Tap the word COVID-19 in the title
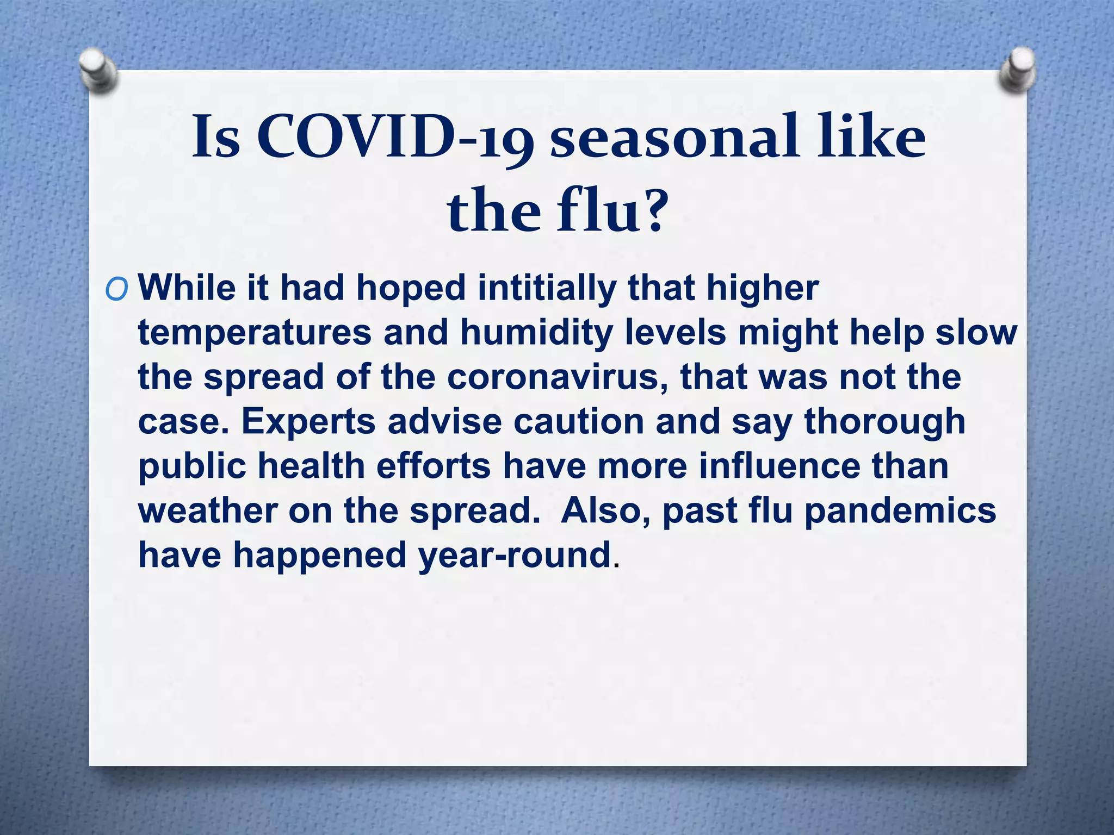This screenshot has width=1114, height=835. coord(394,137)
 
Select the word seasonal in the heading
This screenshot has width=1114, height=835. coord(674,137)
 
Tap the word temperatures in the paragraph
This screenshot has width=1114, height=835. coord(255,333)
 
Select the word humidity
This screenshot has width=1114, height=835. coord(536,333)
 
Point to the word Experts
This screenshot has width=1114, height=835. coord(308,421)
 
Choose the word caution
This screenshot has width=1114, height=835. coord(578,421)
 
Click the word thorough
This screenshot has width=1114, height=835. coord(884,421)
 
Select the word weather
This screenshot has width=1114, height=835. coord(207,511)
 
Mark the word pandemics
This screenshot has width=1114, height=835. coord(900,511)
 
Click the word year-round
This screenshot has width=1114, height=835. coord(514,555)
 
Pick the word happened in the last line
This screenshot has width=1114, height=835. coord(320,555)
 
